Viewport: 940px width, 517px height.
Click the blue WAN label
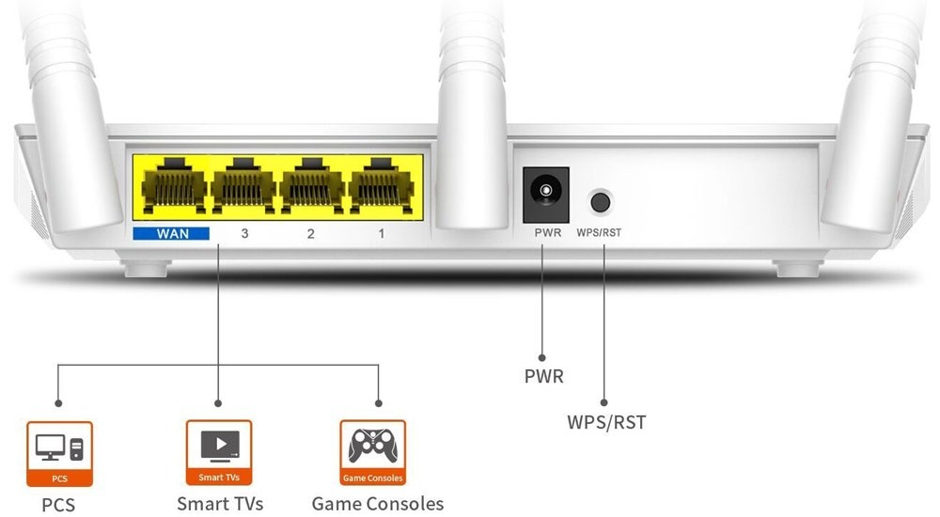[x=171, y=232]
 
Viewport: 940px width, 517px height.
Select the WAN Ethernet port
[x=172, y=186]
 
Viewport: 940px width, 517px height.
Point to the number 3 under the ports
[x=244, y=232]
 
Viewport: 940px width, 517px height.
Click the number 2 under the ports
[x=311, y=232]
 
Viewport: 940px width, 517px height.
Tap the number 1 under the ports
[x=381, y=232]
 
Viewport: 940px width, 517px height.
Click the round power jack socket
[x=545, y=193]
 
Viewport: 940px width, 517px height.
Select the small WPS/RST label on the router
[x=600, y=231]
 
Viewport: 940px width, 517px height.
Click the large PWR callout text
[x=544, y=377]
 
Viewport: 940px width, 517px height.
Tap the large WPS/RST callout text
[x=606, y=422]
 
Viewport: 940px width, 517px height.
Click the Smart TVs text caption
[x=220, y=504]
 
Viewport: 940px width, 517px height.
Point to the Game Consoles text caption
[x=377, y=504]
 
